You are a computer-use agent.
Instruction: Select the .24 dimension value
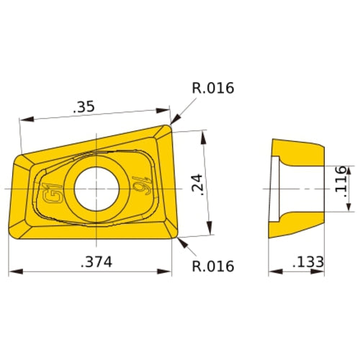click(x=198, y=186)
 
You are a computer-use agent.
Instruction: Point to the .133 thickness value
click(x=308, y=262)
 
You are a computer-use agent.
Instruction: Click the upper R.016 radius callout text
click(x=212, y=89)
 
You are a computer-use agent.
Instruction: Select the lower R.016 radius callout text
click(x=212, y=266)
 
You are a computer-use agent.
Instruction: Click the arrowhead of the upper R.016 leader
click(x=174, y=122)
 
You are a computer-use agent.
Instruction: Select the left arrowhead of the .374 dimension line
click(x=12, y=272)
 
